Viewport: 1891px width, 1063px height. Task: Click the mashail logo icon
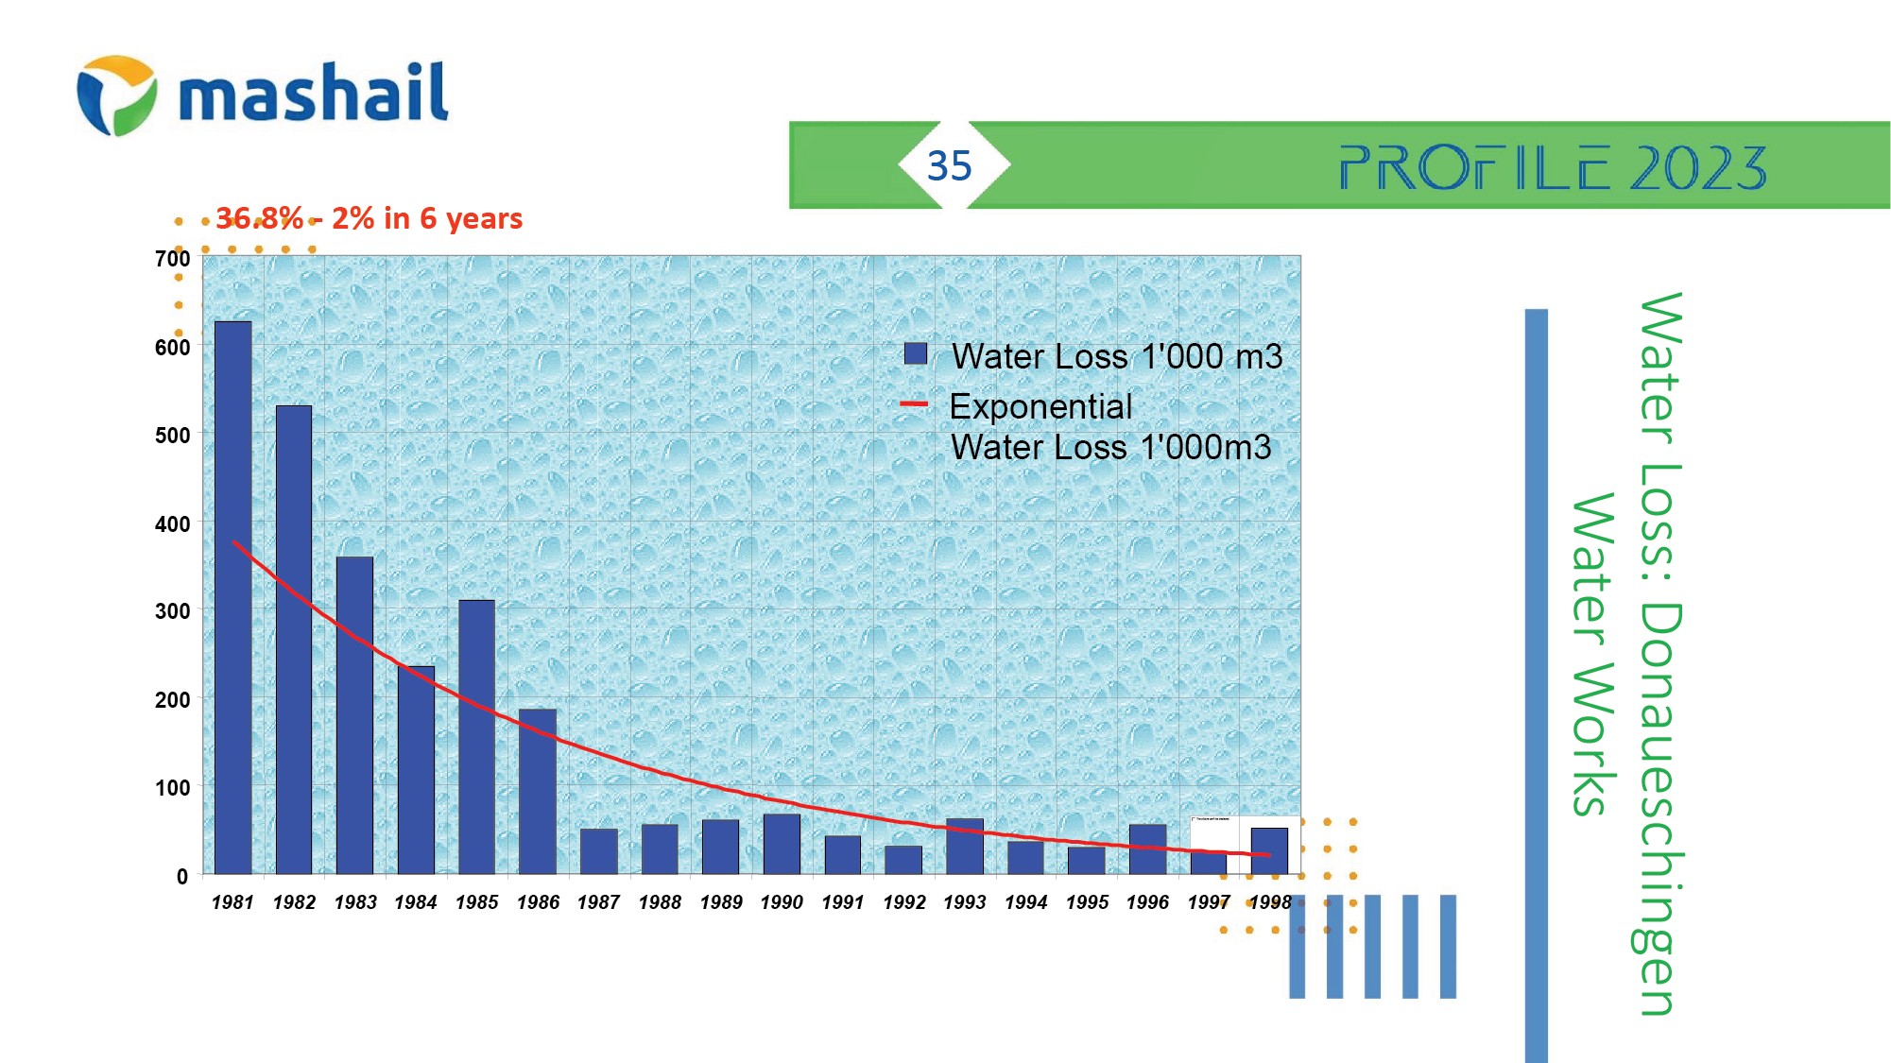click(116, 95)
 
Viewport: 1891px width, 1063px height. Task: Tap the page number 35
click(949, 166)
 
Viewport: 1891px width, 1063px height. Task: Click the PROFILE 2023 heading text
click(1552, 168)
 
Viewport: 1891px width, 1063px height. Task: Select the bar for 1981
click(232, 597)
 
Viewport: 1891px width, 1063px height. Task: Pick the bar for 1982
click(294, 640)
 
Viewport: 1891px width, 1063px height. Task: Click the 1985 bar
click(476, 737)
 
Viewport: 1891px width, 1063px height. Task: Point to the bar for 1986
click(538, 791)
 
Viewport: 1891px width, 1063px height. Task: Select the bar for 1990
click(782, 844)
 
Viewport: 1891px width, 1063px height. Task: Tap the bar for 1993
click(964, 846)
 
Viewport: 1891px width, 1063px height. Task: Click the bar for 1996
click(1147, 849)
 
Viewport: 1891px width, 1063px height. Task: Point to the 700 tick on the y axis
click(172, 259)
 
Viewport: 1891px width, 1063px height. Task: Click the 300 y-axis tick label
click(172, 611)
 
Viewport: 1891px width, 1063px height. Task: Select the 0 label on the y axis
click(181, 876)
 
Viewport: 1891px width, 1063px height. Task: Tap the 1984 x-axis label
click(416, 902)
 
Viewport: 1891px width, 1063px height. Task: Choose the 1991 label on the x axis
click(843, 902)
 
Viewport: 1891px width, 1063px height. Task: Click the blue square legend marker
click(915, 353)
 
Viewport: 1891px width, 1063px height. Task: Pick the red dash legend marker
click(914, 404)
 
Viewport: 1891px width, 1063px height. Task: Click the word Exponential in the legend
click(1040, 406)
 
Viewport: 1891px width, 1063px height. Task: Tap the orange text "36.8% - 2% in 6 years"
click(369, 218)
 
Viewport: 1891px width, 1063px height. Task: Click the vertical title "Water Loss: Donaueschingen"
click(1660, 652)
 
